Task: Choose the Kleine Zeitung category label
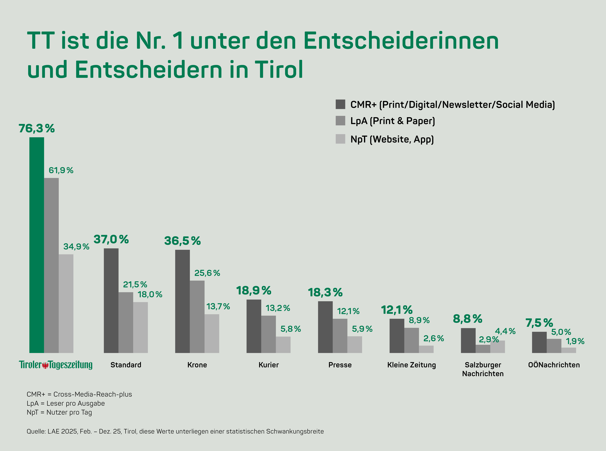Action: (x=411, y=365)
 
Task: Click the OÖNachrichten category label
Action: (x=554, y=365)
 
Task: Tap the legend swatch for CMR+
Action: (x=340, y=104)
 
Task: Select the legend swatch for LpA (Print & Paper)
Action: (x=340, y=121)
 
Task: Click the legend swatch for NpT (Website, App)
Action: (x=340, y=139)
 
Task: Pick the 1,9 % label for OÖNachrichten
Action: (x=575, y=341)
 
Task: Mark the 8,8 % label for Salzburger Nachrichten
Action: (x=468, y=319)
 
